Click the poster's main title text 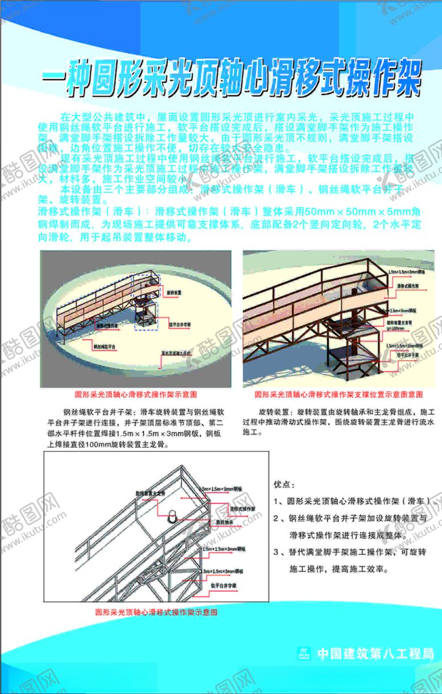point(232,81)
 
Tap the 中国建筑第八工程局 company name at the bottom point(375,654)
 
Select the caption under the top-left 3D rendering point(136,394)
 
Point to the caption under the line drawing point(156,613)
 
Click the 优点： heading point(284,485)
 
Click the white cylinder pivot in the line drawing point(172,518)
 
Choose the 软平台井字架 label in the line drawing point(224,584)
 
